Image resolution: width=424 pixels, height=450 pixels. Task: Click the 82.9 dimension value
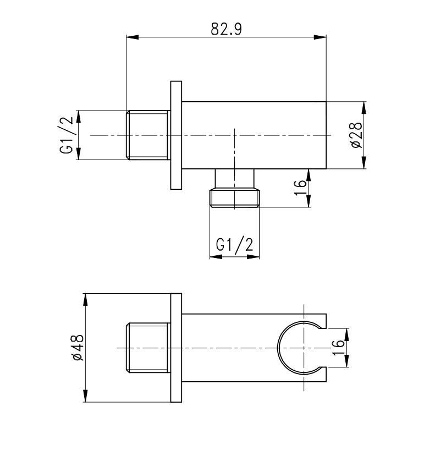point(227,29)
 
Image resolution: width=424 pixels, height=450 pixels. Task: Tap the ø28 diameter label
point(356,135)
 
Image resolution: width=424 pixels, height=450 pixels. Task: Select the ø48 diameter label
point(78,348)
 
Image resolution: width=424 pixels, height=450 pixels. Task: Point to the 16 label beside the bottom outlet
point(300,188)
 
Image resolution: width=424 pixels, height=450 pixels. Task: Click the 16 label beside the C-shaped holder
point(338,348)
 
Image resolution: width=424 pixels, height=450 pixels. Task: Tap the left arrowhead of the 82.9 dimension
point(133,37)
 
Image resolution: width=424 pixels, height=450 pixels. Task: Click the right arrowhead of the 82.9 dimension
point(320,37)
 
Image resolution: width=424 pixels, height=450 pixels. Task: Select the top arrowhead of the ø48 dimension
point(85,300)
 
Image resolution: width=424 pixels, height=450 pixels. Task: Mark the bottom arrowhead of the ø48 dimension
point(85,396)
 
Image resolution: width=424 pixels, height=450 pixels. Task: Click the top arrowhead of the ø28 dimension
point(364,108)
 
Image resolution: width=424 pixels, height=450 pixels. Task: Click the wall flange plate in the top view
point(176,135)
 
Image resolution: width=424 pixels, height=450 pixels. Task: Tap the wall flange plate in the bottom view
point(176,348)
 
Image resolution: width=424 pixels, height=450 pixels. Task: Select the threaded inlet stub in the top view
point(148,135)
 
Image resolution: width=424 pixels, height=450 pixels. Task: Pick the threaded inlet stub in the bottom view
point(148,348)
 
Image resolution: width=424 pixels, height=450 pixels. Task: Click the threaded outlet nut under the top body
point(235,197)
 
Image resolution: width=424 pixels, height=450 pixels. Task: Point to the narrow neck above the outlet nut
point(235,178)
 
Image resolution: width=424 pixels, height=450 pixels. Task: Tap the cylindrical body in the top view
point(254,135)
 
